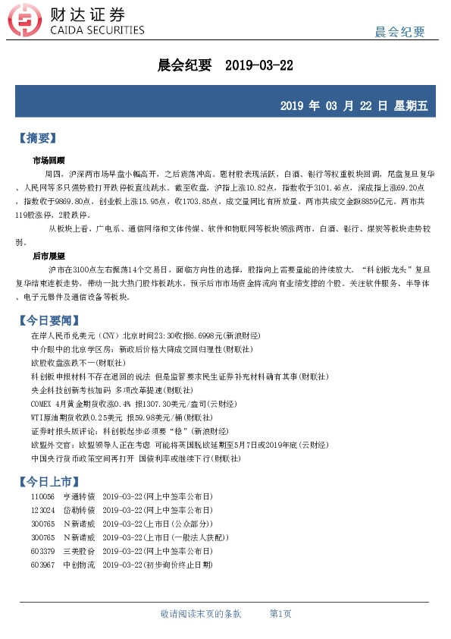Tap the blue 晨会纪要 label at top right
(399, 31)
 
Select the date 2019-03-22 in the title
(259, 66)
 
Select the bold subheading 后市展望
(49, 257)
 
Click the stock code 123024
(42, 510)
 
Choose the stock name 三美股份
(79, 552)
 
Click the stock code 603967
(42, 565)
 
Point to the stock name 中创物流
(79, 565)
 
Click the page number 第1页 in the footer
(280, 613)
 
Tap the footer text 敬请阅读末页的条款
(201, 613)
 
